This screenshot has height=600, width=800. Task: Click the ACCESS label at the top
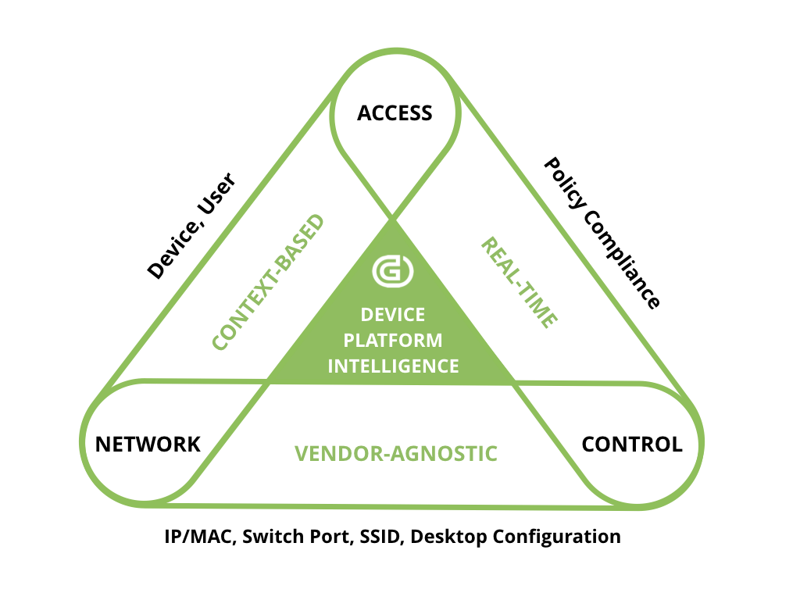click(x=395, y=113)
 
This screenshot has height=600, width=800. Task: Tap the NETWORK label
click(x=148, y=445)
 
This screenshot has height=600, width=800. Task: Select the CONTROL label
click(x=632, y=445)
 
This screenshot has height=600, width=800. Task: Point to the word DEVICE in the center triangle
click(x=393, y=315)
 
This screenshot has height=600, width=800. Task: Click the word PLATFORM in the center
click(x=393, y=340)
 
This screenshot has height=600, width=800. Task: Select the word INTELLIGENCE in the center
click(x=393, y=366)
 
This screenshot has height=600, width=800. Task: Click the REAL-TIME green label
click(x=519, y=282)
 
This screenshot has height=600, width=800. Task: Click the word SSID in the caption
click(x=379, y=537)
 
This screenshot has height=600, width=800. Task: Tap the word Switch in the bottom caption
click(x=273, y=537)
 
